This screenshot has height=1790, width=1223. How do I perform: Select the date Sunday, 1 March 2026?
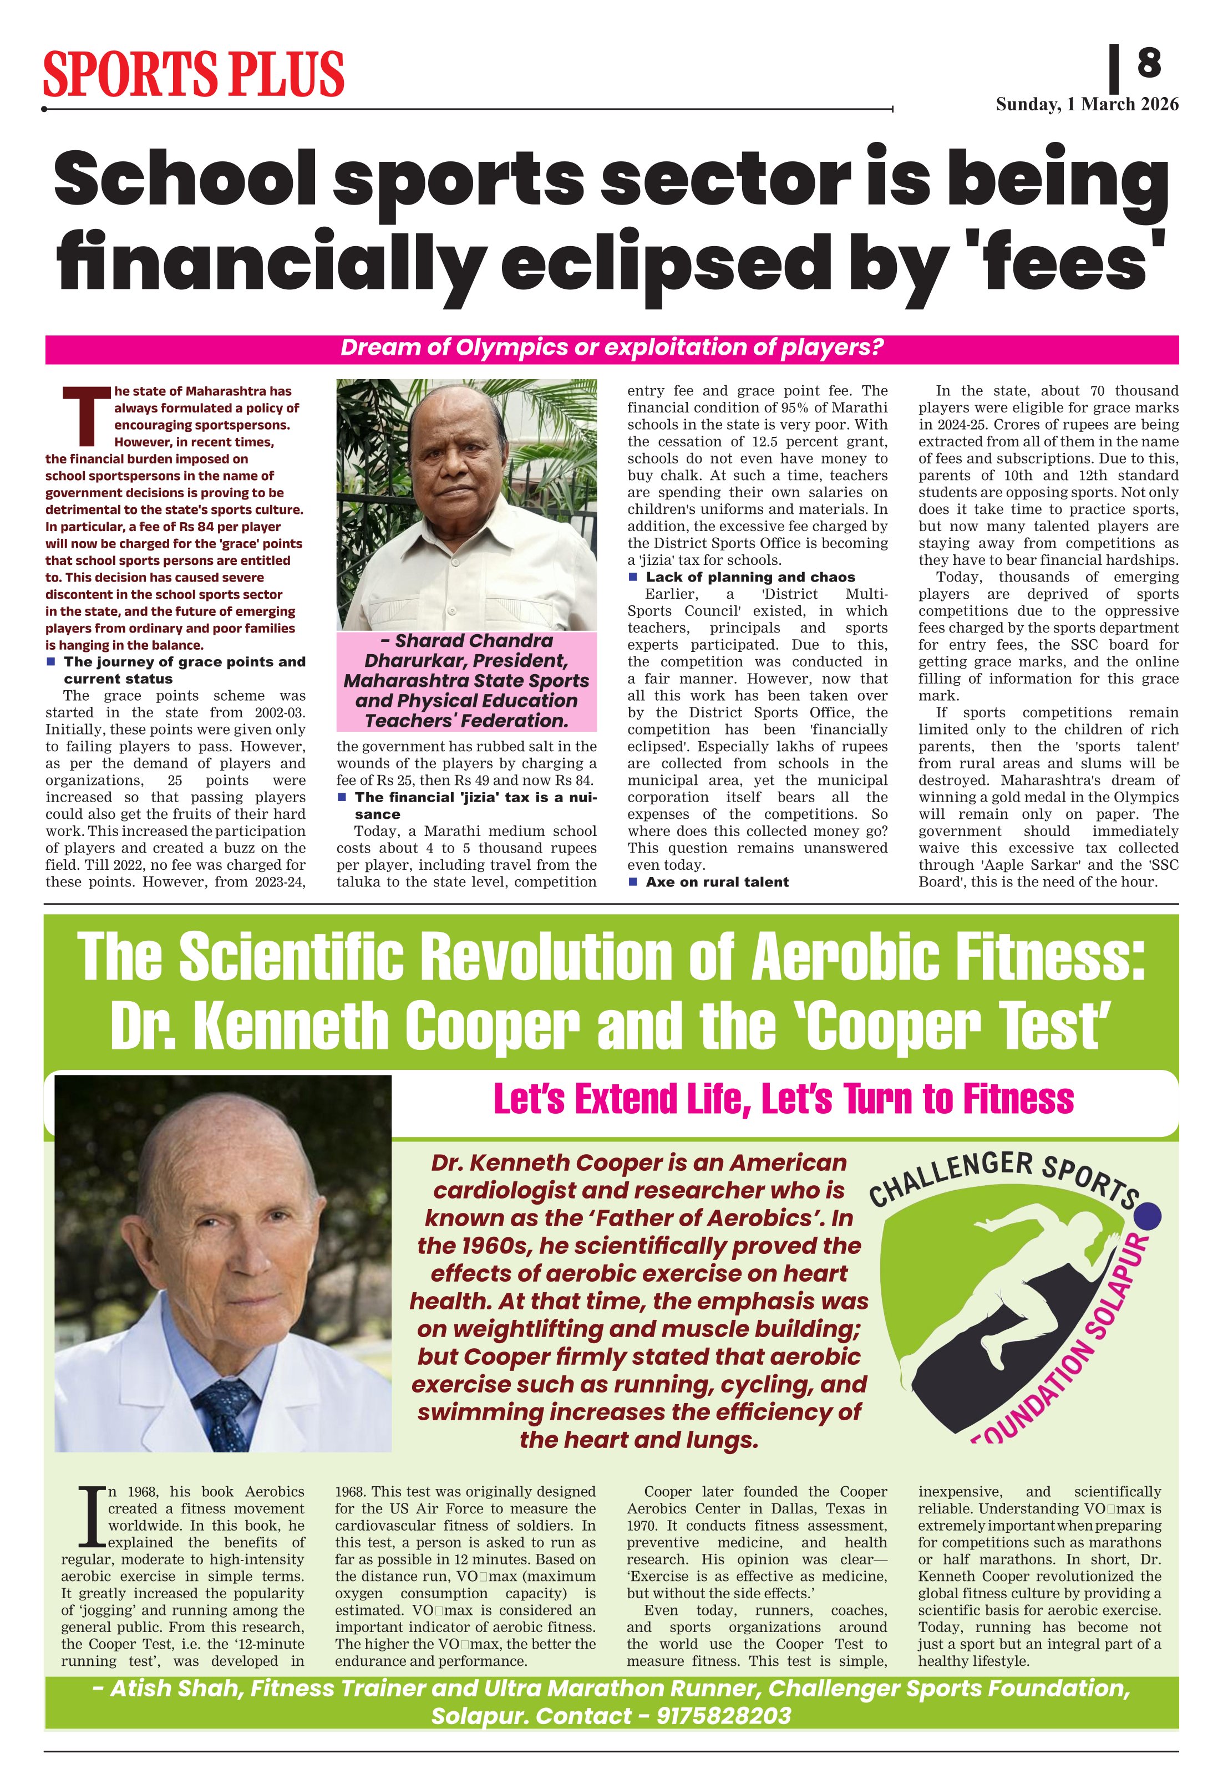point(1087,104)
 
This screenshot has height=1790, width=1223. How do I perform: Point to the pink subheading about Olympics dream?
point(611,348)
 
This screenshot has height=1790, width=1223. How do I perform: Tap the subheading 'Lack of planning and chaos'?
point(750,577)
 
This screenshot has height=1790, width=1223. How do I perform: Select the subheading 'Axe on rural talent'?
point(717,882)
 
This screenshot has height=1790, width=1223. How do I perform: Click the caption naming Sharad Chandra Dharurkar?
point(466,681)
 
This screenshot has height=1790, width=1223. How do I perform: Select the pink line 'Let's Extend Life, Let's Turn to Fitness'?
point(783,1098)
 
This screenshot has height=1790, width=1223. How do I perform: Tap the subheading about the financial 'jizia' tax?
point(475,805)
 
